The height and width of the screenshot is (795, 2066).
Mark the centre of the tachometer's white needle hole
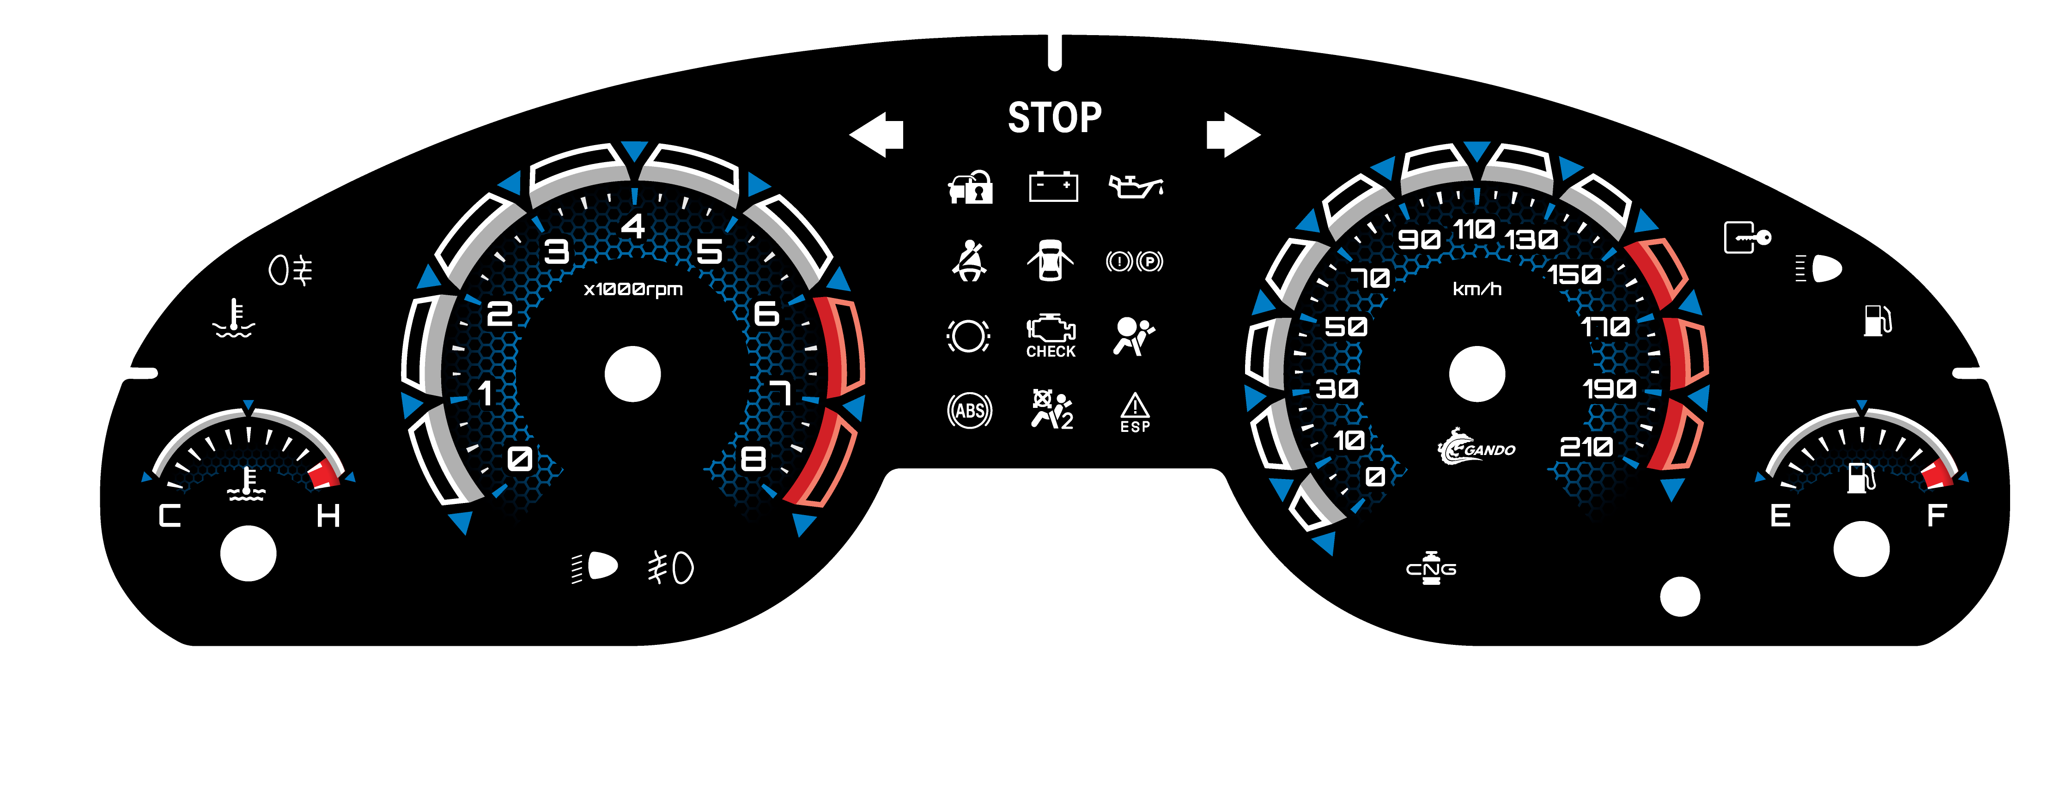coord(633,374)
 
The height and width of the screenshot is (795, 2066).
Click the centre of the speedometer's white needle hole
coord(1477,374)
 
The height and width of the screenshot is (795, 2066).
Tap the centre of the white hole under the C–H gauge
coord(249,553)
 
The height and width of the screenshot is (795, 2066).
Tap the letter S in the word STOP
coord(1019,118)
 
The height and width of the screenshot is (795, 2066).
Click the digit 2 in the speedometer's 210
coord(1569,447)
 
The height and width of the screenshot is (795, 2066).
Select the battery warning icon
coord(1053,187)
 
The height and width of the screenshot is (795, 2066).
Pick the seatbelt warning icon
coord(970,261)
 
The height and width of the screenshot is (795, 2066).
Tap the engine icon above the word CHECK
coord(1051,329)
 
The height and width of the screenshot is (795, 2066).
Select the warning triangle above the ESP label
coord(1135,405)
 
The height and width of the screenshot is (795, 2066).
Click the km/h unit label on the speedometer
coord(1477,289)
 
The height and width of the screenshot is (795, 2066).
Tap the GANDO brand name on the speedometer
coord(1489,450)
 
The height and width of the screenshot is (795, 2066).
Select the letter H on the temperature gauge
coord(328,516)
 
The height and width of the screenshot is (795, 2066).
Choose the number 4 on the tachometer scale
coord(633,226)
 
